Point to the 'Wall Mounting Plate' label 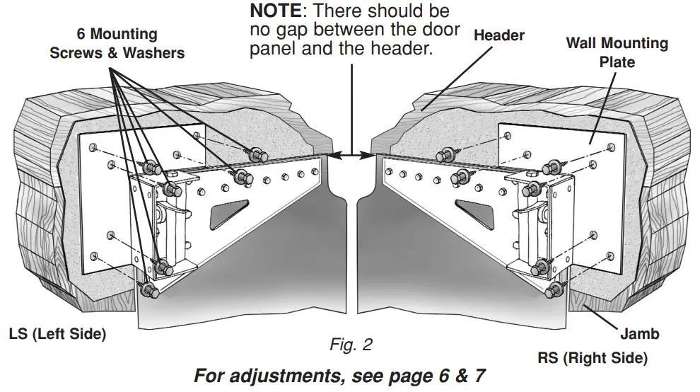[617, 52]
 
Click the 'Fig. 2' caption [351, 345]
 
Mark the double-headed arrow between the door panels [351, 154]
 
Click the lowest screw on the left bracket [147, 290]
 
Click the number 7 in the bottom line [479, 375]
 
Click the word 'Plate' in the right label [617, 62]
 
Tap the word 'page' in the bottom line [397, 376]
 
